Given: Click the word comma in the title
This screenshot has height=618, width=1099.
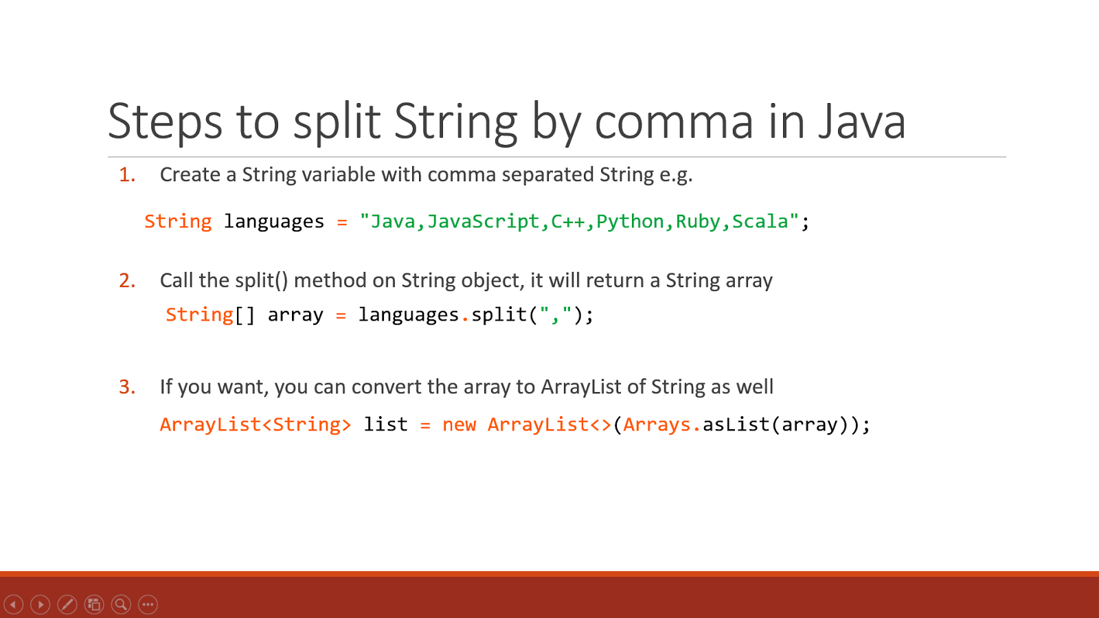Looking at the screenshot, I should coord(673,122).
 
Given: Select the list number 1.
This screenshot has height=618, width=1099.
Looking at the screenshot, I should coord(127,175).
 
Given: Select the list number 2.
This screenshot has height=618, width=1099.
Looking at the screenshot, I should coord(127,281).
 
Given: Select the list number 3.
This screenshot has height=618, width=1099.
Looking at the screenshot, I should coord(127,387).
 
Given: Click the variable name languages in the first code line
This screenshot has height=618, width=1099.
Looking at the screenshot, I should coord(273,222).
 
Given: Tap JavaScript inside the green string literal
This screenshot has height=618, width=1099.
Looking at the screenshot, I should coord(483,222).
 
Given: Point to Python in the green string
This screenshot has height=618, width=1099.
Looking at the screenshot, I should coord(630,222).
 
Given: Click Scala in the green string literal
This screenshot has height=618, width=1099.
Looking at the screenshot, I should coord(760,222).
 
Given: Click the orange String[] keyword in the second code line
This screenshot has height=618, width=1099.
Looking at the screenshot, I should coord(209,314).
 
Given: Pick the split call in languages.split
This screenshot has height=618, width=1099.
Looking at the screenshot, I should coord(499,314).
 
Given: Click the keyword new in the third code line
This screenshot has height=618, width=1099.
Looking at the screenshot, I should coord(459,425).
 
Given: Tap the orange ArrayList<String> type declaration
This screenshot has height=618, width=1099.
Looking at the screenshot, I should coord(255,425).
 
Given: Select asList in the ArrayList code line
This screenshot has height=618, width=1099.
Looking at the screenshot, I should coord(735,425).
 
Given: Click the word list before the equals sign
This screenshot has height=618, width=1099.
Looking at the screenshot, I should coord(385,425).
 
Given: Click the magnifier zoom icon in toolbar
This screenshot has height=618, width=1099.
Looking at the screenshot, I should coord(121,604).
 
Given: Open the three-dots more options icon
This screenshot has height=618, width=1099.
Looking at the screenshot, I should coord(148,604).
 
